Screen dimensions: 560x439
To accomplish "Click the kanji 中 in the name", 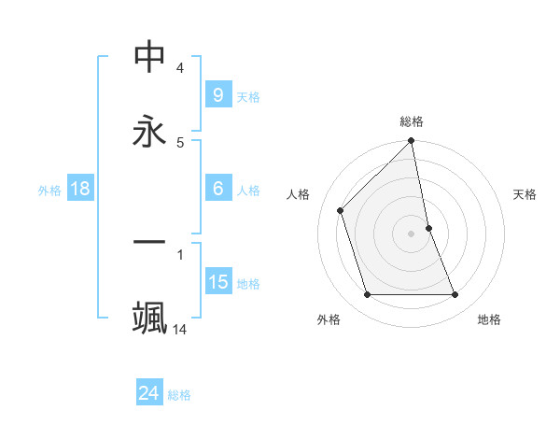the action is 149,58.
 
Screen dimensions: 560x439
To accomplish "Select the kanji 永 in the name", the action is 149,131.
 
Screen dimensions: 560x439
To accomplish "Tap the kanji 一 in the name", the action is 149,243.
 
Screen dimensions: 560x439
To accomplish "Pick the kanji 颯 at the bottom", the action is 149,317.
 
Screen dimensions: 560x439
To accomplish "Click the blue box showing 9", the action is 217,94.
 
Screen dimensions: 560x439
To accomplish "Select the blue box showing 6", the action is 217,189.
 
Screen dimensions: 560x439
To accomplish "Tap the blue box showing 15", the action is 218,282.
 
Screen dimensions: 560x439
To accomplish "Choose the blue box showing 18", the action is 80,189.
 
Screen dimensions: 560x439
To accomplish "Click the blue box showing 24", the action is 148,393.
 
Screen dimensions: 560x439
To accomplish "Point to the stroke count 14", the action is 180,329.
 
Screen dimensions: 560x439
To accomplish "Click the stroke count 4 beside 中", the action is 180,68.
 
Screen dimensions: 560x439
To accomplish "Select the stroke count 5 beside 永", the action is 180,142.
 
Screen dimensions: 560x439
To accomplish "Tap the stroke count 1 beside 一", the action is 180,253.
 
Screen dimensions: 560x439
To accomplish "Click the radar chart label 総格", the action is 412,121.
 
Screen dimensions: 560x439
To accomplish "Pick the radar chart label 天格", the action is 525,194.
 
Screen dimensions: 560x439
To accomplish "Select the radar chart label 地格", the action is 489,319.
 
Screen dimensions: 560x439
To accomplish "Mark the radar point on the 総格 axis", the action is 412,142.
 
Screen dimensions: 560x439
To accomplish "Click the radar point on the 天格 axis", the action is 429,227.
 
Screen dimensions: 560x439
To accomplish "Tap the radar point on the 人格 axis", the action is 341,210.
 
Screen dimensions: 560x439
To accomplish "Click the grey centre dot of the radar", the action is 412,234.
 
